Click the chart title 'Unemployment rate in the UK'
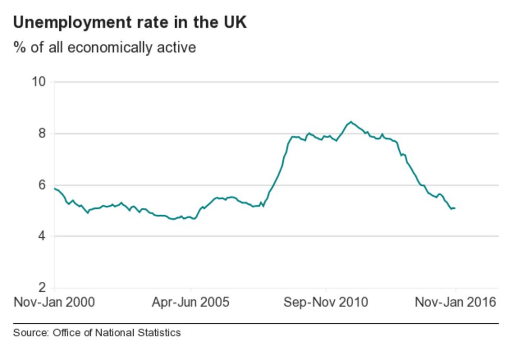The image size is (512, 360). [x=130, y=23]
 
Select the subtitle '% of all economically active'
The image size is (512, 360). [x=104, y=48]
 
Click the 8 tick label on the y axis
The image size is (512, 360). [x=42, y=133]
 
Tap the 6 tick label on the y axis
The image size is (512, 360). [x=42, y=185]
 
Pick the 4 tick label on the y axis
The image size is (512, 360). [x=42, y=236]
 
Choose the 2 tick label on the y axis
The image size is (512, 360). [x=42, y=288]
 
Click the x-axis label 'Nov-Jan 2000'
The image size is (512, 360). [x=54, y=302]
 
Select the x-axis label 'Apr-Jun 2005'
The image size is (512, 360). [x=190, y=302]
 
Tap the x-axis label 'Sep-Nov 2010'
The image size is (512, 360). [x=326, y=302]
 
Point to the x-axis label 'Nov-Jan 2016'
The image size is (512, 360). [x=455, y=302]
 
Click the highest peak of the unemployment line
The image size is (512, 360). [x=350, y=122]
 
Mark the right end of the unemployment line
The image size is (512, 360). [x=455, y=208]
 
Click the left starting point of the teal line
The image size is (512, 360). [x=55, y=188]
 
